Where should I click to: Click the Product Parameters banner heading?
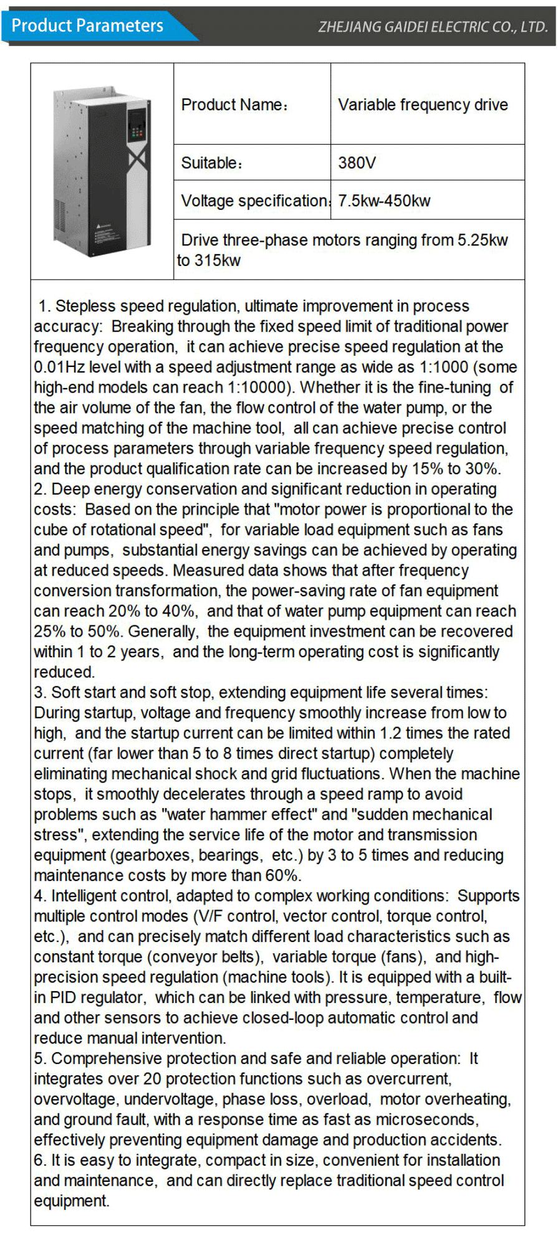87,26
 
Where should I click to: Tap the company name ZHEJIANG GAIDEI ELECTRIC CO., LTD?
432,27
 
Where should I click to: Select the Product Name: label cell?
234,105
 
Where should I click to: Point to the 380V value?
357,163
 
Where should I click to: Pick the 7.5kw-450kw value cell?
384,201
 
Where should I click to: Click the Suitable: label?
211,163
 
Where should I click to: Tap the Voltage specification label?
254,201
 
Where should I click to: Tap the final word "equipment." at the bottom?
72,1201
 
